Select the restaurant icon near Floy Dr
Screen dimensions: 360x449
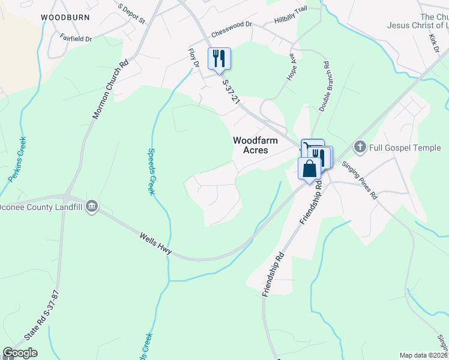point(219,59)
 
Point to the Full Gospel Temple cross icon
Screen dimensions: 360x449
point(360,146)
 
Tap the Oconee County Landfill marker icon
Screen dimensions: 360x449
point(92,207)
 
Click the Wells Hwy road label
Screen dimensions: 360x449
point(156,245)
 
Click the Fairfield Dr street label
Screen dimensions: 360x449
point(76,38)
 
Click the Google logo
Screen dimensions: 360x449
point(20,353)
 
